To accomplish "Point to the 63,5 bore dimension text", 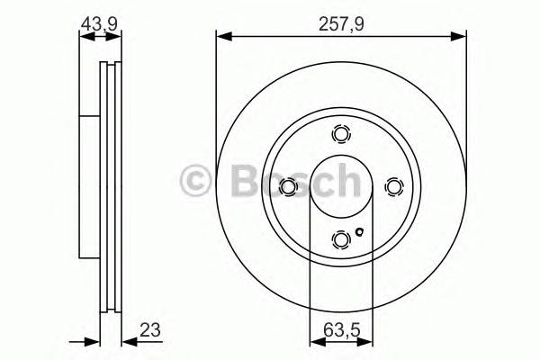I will click(340, 329).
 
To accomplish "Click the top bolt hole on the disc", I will click(340, 134).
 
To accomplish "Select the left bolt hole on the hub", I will click(288, 186).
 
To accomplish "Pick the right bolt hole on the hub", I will click(392, 186).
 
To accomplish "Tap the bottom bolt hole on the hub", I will click(340, 238).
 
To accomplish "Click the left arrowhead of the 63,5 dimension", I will click(315, 341).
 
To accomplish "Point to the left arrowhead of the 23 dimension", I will click(92, 341).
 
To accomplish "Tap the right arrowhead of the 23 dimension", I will click(125, 341).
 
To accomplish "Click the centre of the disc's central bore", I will click(340, 186).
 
